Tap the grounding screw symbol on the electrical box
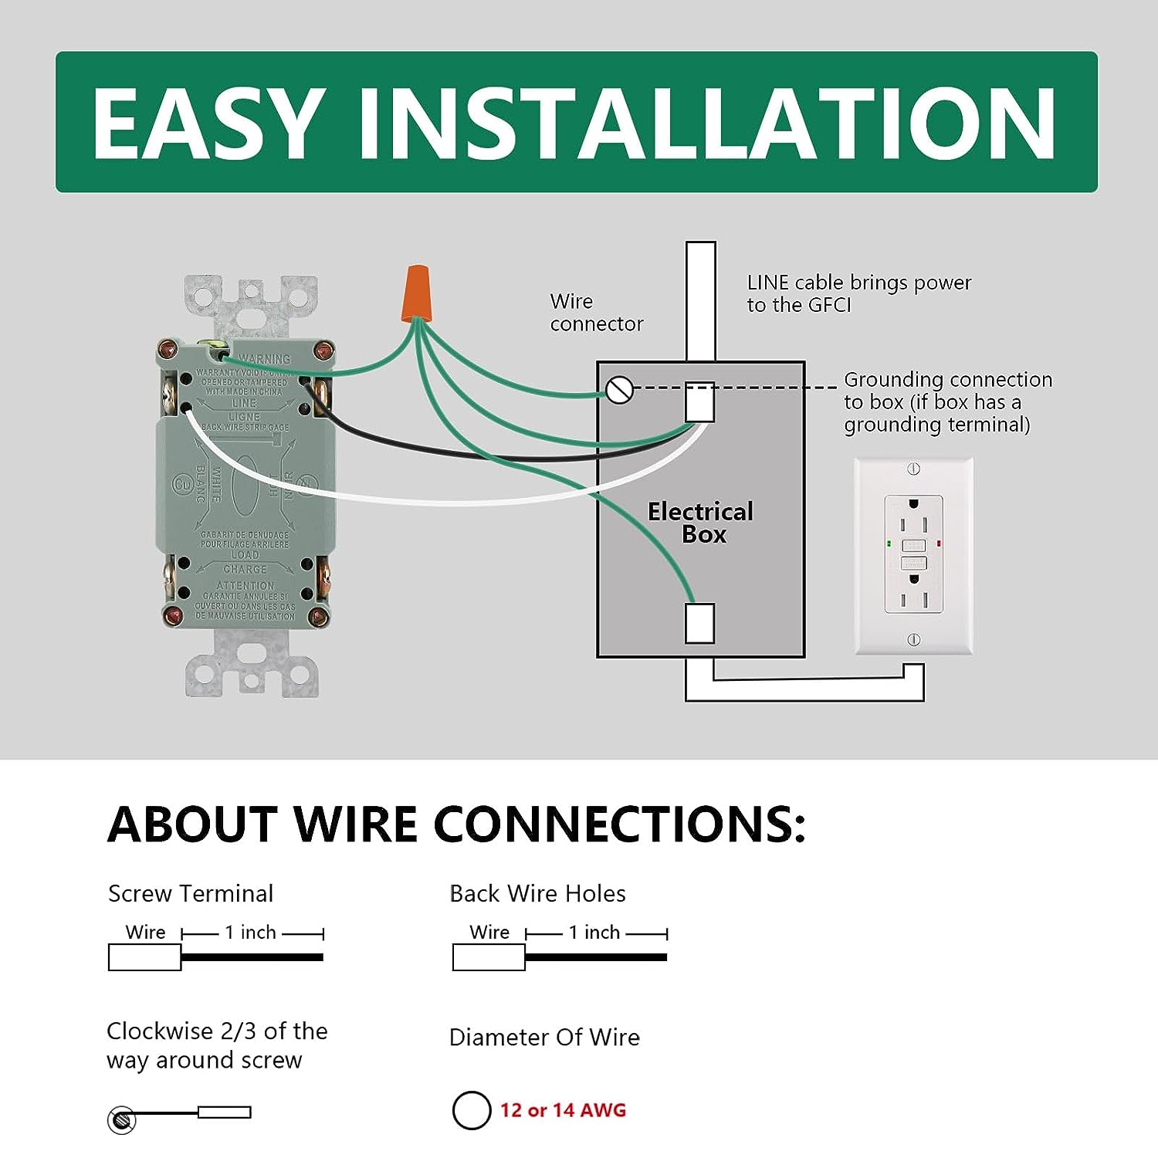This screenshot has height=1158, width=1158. (619, 390)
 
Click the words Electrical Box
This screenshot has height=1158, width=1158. (701, 523)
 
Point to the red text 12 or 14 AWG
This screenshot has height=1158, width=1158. (563, 1110)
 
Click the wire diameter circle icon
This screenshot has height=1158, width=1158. (471, 1110)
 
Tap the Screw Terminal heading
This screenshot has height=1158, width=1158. (191, 893)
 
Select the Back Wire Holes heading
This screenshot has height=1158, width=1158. (537, 893)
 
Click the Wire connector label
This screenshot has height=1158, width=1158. (596, 312)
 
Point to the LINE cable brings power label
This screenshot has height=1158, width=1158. (858, 293)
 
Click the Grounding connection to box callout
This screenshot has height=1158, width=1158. (947, 401)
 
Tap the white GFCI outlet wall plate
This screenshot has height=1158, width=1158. (913, 556)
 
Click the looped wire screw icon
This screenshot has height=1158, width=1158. (121, 1119)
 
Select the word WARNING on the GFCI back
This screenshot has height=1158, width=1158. (264, 359)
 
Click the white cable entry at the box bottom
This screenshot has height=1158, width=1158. (700, 623)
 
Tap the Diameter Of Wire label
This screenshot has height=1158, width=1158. (544, 1037)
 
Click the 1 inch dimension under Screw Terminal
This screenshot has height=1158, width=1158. (250, 933)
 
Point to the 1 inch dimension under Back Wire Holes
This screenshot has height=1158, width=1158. (594, 933)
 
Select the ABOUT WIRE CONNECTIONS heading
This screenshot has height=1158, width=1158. (456, 824)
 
